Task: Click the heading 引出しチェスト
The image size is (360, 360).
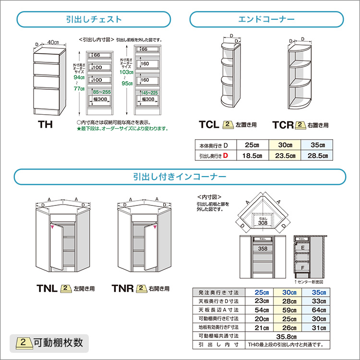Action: click(x=94, y=20)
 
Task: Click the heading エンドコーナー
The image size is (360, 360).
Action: click(x=266, y=20)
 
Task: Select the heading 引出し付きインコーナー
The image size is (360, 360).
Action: click(x=180, y=176)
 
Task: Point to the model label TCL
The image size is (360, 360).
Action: click(x=209, y=125)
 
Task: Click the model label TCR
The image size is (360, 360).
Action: click(x=283, y=125)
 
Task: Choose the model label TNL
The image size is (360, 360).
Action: click(x=48, y=288)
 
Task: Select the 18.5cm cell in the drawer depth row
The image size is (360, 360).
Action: click(x=252, y=156)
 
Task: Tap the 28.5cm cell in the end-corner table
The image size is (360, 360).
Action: click(x=319, y=156)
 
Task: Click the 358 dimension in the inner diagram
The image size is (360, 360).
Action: click(x=262, y=249)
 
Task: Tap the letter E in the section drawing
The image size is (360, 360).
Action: click(x=303, y=246)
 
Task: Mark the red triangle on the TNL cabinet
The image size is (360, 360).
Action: click(x=52, y=228)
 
